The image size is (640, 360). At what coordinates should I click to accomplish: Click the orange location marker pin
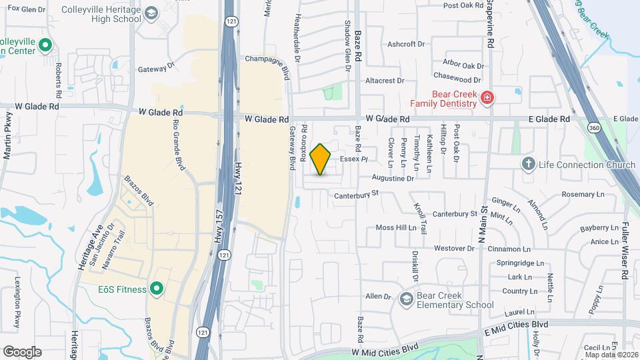tap(321, 159)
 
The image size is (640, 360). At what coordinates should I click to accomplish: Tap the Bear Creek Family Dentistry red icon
tap(487, 99)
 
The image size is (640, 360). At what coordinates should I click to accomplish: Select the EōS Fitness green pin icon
tap(157, 288)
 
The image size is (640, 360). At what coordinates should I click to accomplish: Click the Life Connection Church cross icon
tap(529, 164)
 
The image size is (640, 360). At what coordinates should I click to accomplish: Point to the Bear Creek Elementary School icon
tap(405, 299)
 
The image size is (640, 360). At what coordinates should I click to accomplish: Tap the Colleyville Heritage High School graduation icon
tap(151, 14)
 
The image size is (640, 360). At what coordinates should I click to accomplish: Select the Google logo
tap(22, 351)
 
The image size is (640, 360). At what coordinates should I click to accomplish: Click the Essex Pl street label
tap(354, 159)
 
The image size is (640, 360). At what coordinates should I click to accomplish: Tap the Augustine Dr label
tap(393, 179)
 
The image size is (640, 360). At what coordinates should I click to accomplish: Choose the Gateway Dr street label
tap(155, 68)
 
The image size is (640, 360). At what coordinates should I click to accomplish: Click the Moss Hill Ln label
tap(396, 227)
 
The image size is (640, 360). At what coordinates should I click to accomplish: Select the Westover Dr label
tap(453, 248)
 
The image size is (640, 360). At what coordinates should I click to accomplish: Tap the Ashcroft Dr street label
tap(406, 44)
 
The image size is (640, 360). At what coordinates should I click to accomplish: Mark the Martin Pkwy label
tap(8, 136)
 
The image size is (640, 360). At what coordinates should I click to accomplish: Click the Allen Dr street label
tap(378, 296)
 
